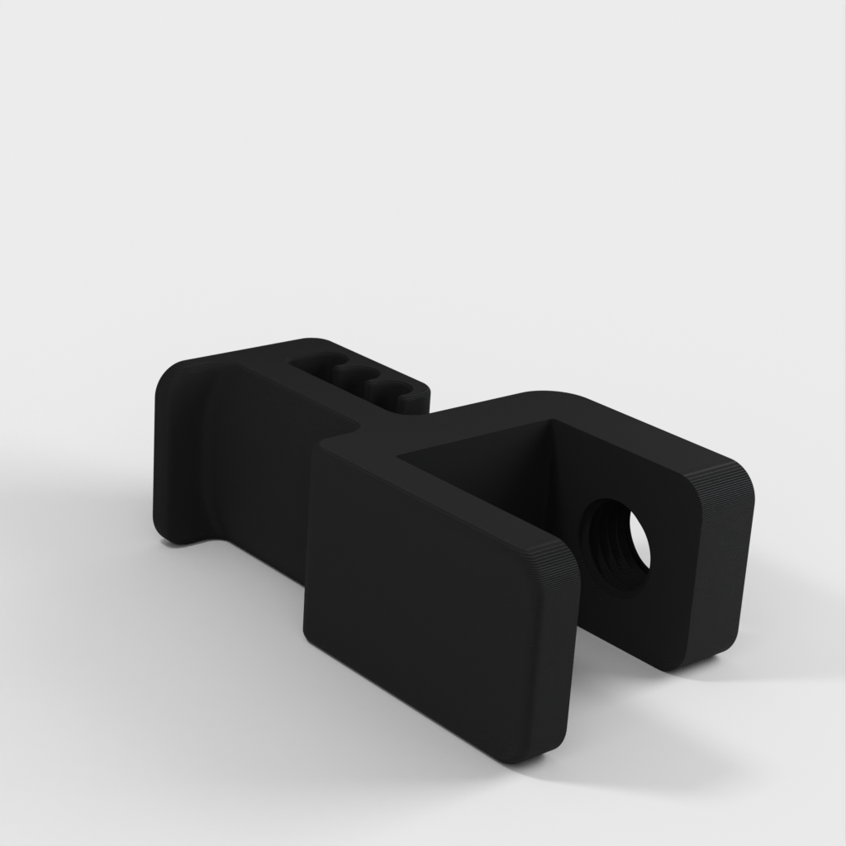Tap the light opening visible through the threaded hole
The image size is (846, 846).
point(639,539)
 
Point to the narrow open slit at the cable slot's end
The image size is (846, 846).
point(416,401)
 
